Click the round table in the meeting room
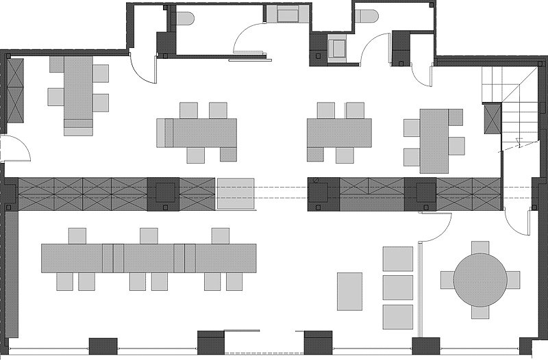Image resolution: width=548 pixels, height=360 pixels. (480, 280)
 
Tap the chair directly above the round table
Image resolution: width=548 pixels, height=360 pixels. (480, 247)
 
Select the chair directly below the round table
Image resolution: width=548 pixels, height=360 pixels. (480, 312)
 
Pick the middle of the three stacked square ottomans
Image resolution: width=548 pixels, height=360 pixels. (398, 287)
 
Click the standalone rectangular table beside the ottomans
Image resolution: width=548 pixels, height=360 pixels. (349, 291)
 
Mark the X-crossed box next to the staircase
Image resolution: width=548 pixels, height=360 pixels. (493, 120)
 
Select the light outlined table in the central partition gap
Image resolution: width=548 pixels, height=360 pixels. (236, 193)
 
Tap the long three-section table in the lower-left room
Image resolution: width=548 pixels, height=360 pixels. (149, 258)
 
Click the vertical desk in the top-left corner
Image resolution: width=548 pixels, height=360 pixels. (78, 95)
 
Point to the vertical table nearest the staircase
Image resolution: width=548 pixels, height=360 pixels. (434, 141)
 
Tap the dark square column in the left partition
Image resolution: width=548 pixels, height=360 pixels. (164, 194)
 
